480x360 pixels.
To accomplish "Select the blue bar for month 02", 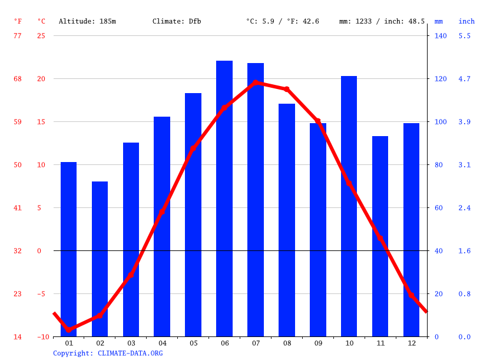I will [100, 259].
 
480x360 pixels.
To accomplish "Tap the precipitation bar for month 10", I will [349, 206].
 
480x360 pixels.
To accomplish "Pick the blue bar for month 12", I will [411, 230].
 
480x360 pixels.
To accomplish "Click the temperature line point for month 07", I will [256, 82].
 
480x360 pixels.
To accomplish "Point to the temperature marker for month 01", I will [69, 329].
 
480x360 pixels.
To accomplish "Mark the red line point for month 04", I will [162, 212].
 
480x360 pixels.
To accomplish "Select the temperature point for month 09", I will [318, 121].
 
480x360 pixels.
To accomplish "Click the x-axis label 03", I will [131, 343].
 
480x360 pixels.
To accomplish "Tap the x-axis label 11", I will [380, 343].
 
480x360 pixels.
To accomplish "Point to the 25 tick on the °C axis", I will [41, 36].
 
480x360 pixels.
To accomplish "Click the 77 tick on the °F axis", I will [18, 36].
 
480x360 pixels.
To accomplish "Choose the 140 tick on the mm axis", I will [441, 36].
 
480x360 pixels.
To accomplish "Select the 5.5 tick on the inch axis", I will [465, 36].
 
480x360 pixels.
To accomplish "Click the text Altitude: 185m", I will [87, 21].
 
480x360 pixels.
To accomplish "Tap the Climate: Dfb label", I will [177, 21].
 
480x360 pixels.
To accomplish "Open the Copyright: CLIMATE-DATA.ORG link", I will [108, 353].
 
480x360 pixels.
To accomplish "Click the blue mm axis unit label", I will [439, 21].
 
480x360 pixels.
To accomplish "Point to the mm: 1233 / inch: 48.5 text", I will [382, 21].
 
